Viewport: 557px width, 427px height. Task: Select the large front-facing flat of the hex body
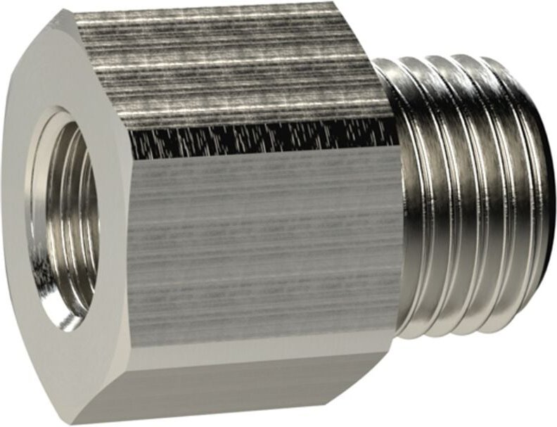coord(260,239)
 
